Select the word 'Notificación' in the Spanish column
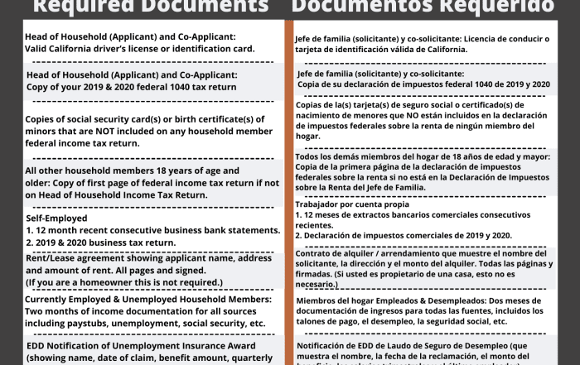point(326,345)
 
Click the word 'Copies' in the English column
point(42,118)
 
